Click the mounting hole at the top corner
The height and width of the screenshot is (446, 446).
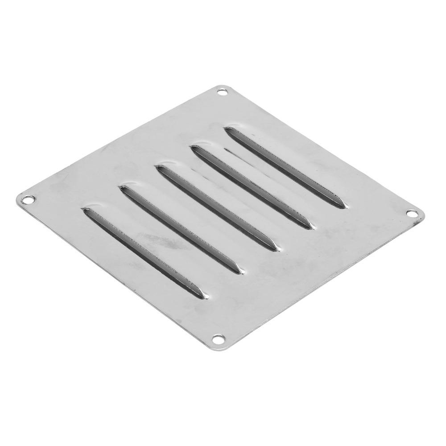pyautogui.click(x=222, y=93)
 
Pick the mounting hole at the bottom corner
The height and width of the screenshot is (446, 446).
pyautogui.click(x=218, y=340)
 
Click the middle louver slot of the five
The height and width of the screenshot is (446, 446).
pyautogui.click(x=219, y=205)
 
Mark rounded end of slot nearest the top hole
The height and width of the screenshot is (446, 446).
pyautogui.click(x=229, y=130)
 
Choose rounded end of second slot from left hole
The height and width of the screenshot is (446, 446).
pyautogui.click(x=123, y=189)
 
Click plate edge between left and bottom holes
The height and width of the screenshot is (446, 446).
pyautogui.click(x=120, y=272)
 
